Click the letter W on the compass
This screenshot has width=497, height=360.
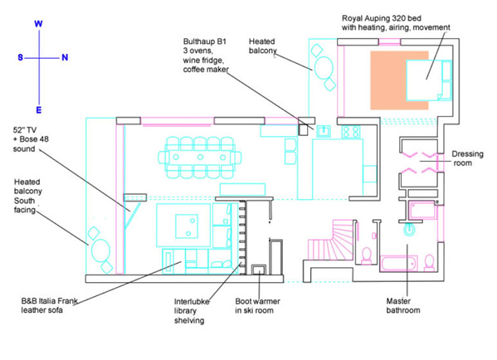[38, 24]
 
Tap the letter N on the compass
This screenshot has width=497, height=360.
[65, 57]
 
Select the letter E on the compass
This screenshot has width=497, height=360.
[39, 110]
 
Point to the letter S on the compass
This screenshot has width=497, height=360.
[20, 57]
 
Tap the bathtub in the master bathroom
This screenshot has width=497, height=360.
[398, 263]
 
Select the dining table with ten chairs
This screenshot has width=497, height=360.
[200, 157]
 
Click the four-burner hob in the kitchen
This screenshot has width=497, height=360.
[351, 132]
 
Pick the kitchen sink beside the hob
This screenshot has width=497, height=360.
[324, 131]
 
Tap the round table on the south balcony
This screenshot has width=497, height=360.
[100, 251]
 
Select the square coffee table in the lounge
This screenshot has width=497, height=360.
[187, 226]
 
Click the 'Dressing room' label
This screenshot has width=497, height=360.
[467, 158]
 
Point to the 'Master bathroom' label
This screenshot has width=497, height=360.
[403, 305]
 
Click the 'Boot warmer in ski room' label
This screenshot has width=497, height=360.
[257, 306]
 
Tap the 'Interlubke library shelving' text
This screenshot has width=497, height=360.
[192, 311]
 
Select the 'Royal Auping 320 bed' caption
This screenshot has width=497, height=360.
[382, 18]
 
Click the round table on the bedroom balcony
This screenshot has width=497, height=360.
[324, 68]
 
